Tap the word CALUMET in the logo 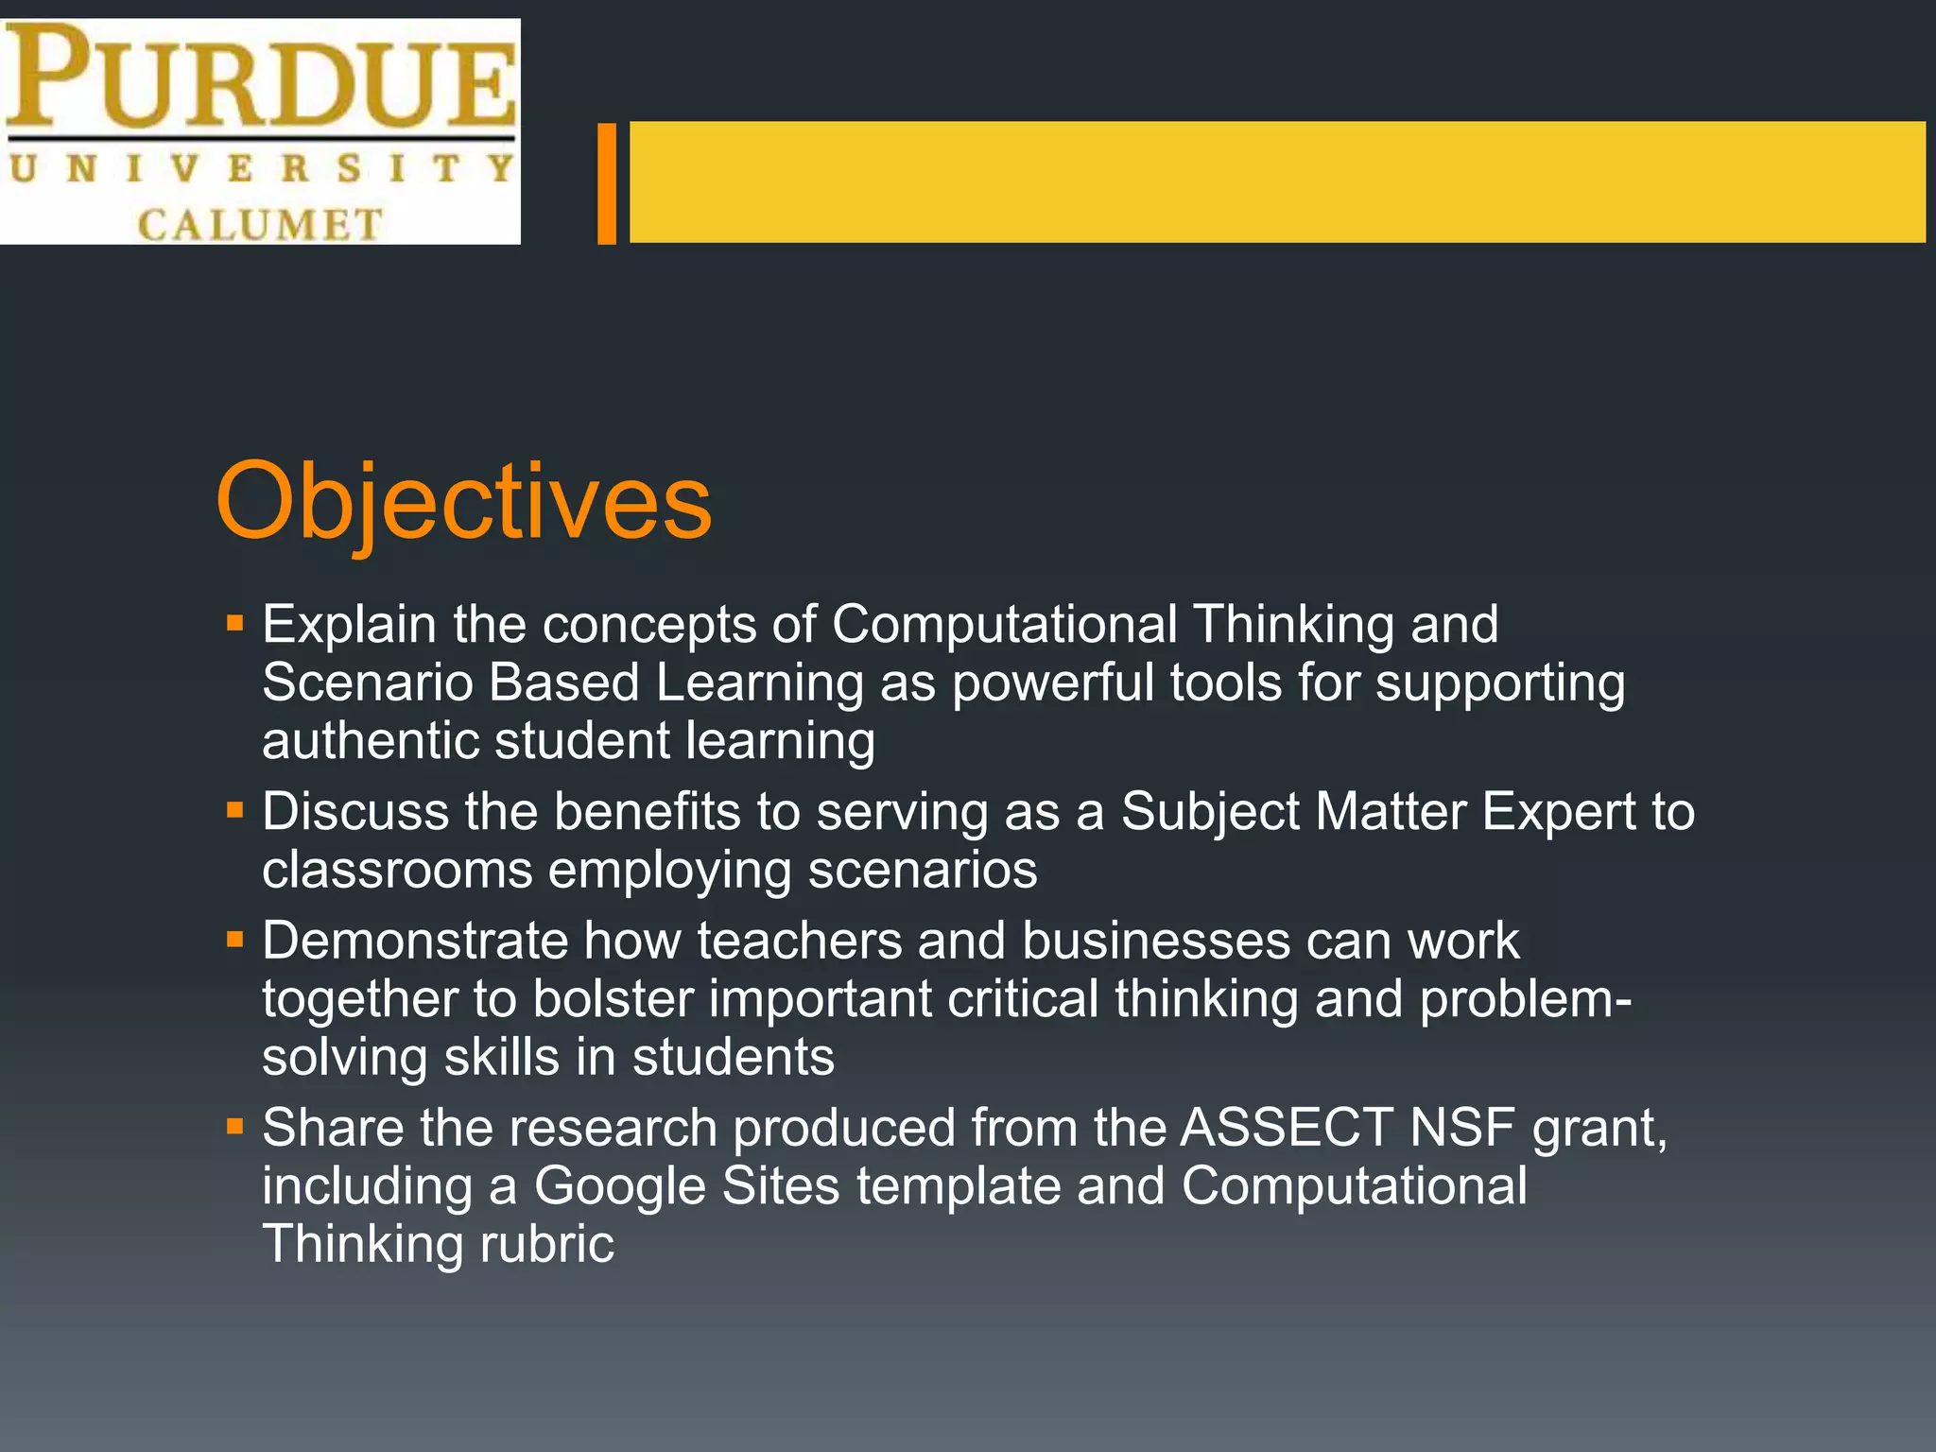[260, 225]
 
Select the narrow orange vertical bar [607, 182]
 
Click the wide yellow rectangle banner [1276, 181]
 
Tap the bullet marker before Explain [235, 624]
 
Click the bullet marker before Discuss [235, 811]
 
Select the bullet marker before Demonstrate [235, 941]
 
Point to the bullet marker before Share [235, 1127]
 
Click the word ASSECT [1287, 1128]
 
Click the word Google [620, 1186]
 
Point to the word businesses [1155, 942]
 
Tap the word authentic [370, 740]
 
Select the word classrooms [397, 870]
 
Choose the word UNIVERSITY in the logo [260, 169]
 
